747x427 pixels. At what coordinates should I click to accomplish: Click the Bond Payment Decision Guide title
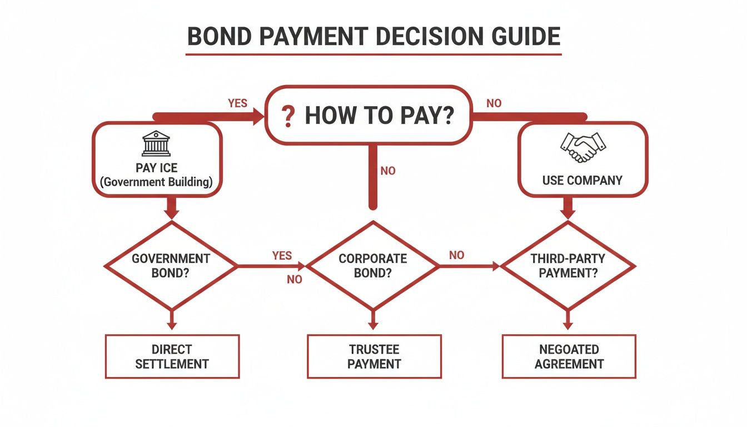click(x=373, y=36)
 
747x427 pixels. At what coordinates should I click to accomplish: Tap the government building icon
click(x=156, y=144)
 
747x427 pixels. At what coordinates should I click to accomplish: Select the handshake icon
click(x=582, y=147)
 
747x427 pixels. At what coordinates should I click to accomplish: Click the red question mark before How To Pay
click(x=287, y=116)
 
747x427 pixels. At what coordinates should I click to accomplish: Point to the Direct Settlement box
click(x=172, y=356)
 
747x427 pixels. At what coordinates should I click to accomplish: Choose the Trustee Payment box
click(x=374, y=356)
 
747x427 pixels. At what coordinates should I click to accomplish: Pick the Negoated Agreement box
click(x=569, y=356)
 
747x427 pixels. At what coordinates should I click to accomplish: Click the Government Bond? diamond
click(x=171, y=266)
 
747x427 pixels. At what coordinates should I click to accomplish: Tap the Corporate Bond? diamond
click(x=373, y=266)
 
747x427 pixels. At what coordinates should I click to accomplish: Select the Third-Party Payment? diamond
click(x=568, y=266)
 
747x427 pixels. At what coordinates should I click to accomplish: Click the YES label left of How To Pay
click(x=237, y=103)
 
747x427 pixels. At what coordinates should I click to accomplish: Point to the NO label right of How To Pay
click(x=494, y=103)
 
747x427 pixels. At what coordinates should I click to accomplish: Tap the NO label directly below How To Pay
click(x=388, y=171)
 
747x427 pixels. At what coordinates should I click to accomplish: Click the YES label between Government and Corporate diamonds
click(x=282, y=256)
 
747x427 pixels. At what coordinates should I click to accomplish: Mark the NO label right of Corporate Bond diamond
click(x=456, y=255)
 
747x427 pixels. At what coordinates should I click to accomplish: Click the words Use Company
click(x=582, y=180)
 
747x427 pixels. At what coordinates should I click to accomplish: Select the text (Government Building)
click(x=156, y=182)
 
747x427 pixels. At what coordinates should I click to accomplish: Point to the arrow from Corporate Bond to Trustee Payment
click(x=373, y=320)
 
